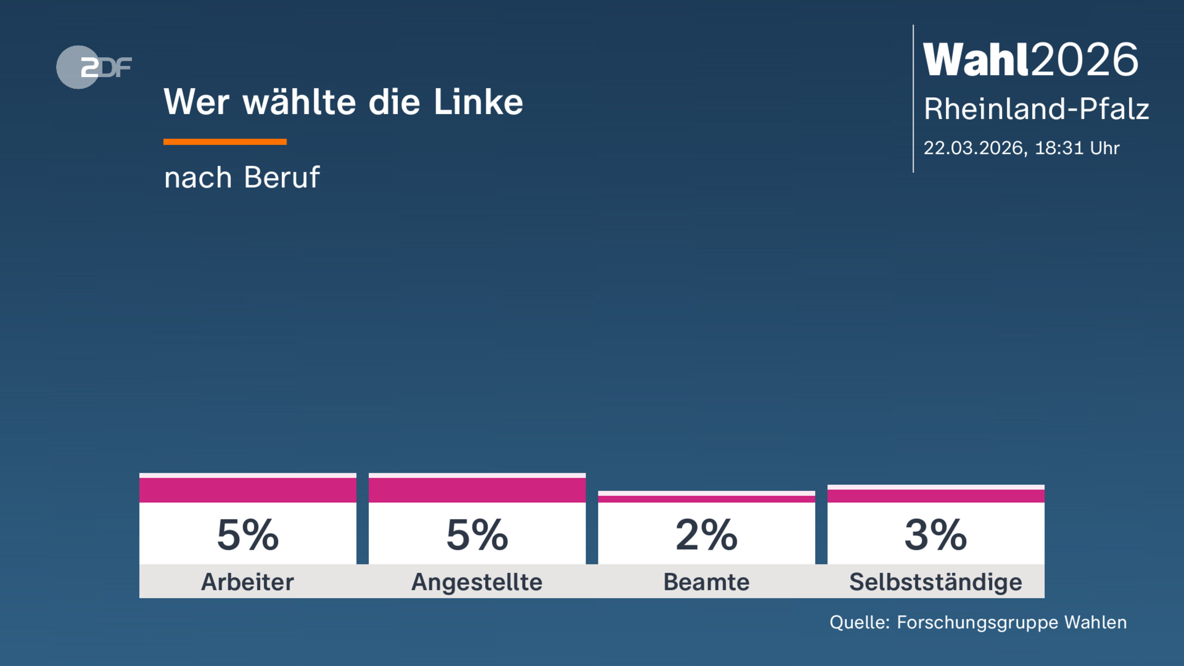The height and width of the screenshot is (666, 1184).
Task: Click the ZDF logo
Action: click(94, 67)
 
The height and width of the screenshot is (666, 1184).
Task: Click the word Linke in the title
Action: click(478, 103)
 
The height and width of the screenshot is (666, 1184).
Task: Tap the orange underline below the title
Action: click(225, 142)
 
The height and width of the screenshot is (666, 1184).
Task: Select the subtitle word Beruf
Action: click(282, 178)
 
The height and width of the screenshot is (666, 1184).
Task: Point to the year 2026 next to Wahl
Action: click(1085, 60)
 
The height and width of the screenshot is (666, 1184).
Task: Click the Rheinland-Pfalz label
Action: click(1036, 109)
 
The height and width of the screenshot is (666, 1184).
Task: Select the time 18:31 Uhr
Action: click(1077, 148)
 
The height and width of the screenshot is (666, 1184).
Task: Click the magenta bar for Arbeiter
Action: click(248, 490)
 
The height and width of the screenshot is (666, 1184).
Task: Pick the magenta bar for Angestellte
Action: click(477, 490)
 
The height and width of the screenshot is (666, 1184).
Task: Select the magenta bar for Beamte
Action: click(706, 499)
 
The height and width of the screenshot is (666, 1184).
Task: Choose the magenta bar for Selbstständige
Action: click(936, 496)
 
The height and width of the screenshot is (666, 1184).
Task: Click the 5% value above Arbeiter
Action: click(248, 535)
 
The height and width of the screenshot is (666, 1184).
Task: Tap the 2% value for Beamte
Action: click(706, 535)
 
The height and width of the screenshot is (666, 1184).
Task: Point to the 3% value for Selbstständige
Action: click(936, 535)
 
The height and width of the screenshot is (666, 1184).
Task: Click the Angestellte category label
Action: click(477, 582)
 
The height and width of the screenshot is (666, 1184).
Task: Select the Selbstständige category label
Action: click(936, 582)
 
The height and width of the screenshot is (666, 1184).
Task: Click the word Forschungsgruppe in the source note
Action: click(977, 623)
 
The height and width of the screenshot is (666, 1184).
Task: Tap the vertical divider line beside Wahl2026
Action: click(913, 99)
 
